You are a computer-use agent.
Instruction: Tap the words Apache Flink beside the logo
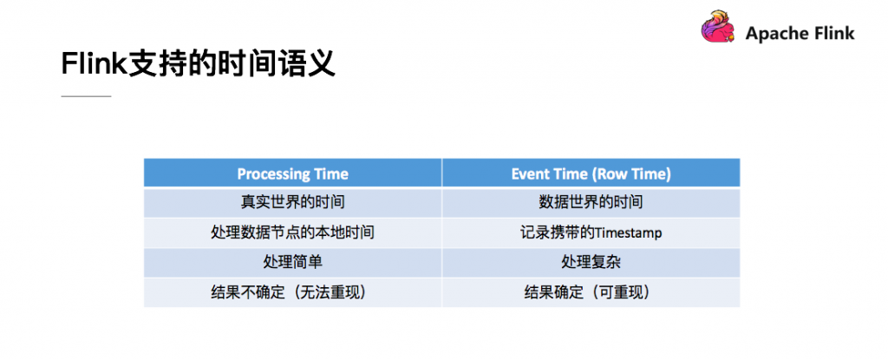point(800,34)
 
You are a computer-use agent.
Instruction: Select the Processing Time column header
point(292,173)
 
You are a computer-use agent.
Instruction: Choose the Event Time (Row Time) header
point(591,173)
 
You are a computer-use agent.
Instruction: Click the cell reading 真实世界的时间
point(292,202)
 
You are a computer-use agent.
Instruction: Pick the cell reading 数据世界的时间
point(591,202)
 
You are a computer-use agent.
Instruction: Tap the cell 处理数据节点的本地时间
point(292,232)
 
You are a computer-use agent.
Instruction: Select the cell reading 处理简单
point(292,262)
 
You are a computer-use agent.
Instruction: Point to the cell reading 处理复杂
point(591,262)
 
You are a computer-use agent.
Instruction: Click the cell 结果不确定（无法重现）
point(292,292)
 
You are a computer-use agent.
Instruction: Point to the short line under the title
point(86,95)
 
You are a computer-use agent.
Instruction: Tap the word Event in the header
point(529,173)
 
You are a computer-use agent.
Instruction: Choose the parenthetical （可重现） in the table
point(621,292)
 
